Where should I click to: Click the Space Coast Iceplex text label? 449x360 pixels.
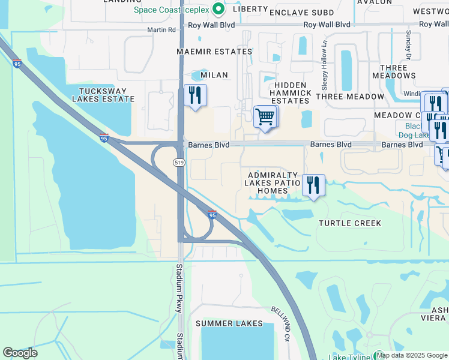(170, 10)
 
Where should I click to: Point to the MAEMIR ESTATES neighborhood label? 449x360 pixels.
(214, 52)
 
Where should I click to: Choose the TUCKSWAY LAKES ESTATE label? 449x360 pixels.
(101, 95)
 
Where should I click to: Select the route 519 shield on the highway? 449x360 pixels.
(179, 163)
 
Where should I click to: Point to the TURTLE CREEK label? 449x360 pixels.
(350, 223)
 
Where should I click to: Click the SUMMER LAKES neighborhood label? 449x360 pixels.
(222, 323)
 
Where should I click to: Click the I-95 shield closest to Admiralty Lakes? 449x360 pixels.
(212, 214)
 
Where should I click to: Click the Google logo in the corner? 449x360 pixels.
(20, 353)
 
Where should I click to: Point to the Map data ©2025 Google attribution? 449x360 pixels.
(412, 355)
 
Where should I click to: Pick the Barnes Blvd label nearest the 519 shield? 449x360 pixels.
(207, 145)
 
